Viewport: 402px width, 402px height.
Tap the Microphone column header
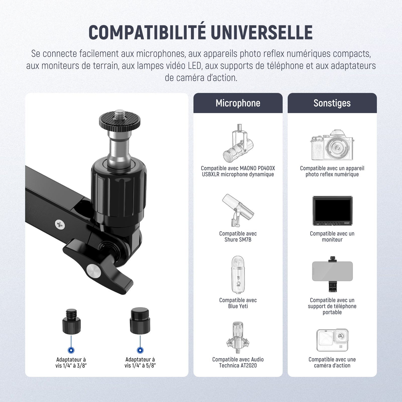click(x=238, y=103)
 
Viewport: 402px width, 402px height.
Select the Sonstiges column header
click(x=332, y=103)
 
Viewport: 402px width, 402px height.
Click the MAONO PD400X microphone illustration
click(x=238, y=143)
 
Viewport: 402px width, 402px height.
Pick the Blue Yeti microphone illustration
click(x=238, y=275)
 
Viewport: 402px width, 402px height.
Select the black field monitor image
click(x=332, y=211)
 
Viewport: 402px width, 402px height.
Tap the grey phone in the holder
click(x=332, y=271)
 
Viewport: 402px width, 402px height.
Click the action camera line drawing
click(x=332, y=340)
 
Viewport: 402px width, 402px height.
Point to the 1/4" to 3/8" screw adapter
click(x=71, y=322)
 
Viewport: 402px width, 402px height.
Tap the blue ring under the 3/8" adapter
click(x=71, y=350)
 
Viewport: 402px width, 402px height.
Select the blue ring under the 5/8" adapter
click(x=140, y=350)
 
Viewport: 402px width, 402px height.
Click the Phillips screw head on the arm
click(x=60, y=224)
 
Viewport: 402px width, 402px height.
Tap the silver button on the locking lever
click(x=94, y=271)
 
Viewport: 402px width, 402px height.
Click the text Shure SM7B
click(x=238, y=240)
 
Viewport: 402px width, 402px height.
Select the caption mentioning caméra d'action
click(x=332, y=363)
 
